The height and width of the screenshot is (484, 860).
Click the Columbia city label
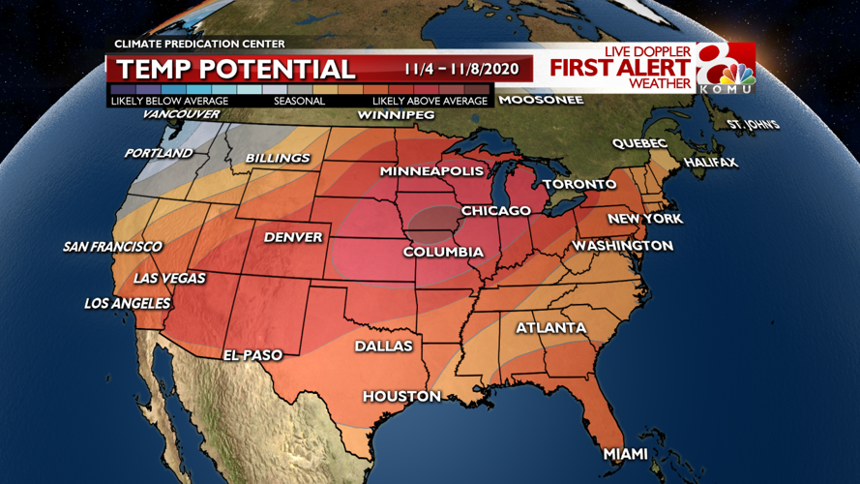443,253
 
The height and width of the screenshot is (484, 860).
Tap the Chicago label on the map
495,210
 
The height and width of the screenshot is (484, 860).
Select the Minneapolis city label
431,171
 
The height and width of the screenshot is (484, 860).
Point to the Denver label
293,237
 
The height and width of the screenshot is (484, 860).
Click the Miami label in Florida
626,454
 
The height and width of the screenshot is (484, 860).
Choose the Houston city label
401,396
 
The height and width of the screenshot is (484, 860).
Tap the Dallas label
383,346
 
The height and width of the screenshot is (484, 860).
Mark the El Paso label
252,355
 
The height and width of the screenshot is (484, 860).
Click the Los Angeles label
127,304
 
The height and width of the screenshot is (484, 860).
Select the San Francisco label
112,247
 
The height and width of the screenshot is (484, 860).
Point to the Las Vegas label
169,278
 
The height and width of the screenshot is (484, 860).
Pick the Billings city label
278,158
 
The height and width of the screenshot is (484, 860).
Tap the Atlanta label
550,328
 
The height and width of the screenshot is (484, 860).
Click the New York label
644,219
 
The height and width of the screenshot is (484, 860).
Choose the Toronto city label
578,184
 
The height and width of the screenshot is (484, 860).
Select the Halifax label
711,163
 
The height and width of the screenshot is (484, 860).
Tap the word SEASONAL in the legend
299,101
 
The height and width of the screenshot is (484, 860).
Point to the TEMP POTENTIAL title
236,70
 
